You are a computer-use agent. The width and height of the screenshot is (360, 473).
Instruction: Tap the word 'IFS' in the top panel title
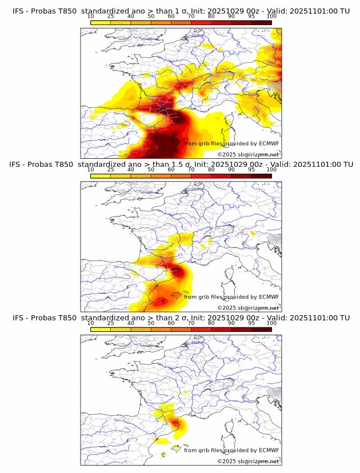tap(19, 11)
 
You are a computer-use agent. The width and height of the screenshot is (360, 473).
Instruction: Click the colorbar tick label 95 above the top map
tap(251, 16)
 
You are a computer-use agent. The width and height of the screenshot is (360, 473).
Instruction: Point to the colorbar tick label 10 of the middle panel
tap(91, 170)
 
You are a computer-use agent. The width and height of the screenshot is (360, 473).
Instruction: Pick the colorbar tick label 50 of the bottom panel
tap(151, 323)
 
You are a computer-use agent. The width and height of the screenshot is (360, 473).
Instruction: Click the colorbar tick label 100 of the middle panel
tap(272, 170)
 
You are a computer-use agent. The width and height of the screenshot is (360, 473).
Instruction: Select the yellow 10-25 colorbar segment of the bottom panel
tap(101, 329)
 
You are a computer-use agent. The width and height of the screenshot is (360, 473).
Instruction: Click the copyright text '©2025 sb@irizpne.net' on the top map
tap(248, 155)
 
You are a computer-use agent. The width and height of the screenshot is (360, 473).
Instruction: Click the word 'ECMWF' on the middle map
tap(269, 296)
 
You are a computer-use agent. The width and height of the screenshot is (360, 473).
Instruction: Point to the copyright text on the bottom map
tap(248, 461)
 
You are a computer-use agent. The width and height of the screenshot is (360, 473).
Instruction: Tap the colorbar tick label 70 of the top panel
tap(191, 16)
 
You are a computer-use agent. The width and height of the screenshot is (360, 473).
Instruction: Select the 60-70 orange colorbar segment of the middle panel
tap(181, 175)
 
